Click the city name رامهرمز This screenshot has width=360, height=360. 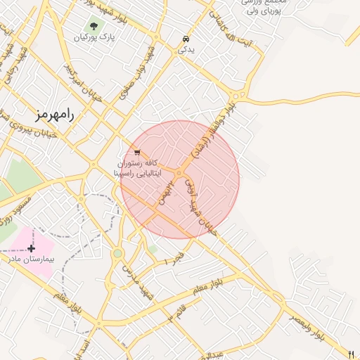[x=53, y=114]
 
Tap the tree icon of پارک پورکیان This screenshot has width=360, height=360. [x=94, y=27]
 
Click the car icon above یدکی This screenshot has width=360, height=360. [x=185, y=39]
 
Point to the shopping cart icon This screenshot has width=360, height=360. [x=136, y=152]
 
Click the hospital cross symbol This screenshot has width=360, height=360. [x=31, y=248]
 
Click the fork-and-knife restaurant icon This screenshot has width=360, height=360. [x=352, y=354]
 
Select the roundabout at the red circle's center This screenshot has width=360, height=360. [x=179, y=172]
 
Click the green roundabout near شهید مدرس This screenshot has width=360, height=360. [x=117, y=252]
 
